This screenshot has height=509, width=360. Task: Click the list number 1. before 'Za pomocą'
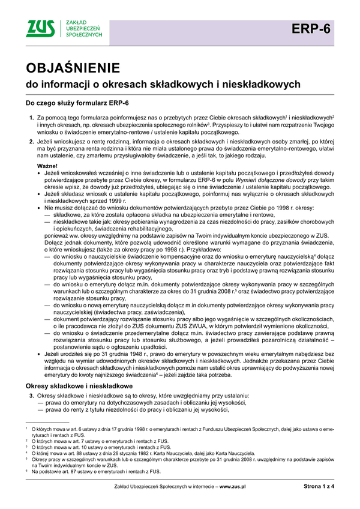[31, 118]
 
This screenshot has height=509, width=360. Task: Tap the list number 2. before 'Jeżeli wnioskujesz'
[31, 141]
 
